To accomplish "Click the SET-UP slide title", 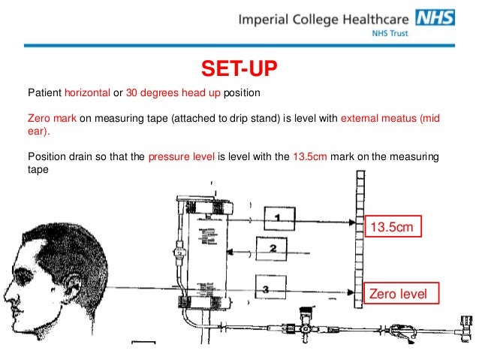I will pos(239,69).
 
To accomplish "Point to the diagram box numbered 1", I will pos(277,219).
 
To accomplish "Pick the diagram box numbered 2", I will pos(273,249).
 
